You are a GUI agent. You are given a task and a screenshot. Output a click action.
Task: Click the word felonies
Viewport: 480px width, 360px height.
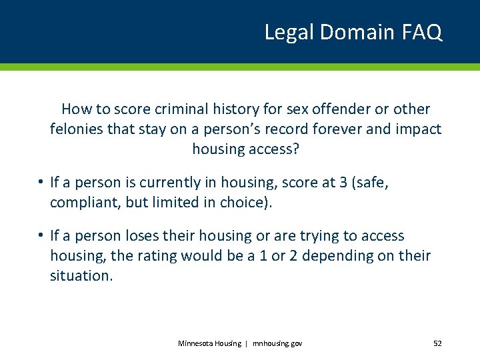(75, 129)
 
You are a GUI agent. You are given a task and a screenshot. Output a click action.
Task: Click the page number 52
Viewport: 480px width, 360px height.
(437, 343)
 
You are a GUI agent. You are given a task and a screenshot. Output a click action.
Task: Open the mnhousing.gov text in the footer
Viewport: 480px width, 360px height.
(277, 343)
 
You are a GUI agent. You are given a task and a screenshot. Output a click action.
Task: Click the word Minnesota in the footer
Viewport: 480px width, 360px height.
(196, 343)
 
